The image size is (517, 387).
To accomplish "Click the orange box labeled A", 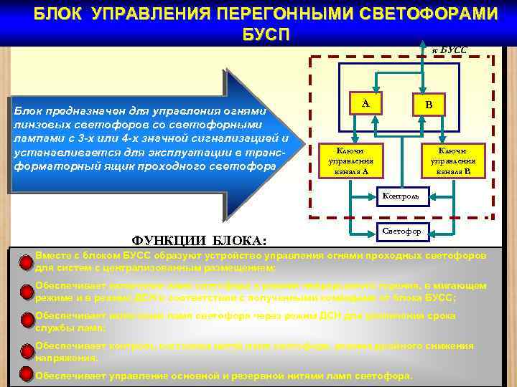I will (365, 105).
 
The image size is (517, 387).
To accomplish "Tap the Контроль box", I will (404, 195).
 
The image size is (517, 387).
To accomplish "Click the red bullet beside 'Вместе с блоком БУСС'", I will (27, 262).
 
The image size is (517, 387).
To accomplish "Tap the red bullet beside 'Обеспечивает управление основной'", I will (27, 375).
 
